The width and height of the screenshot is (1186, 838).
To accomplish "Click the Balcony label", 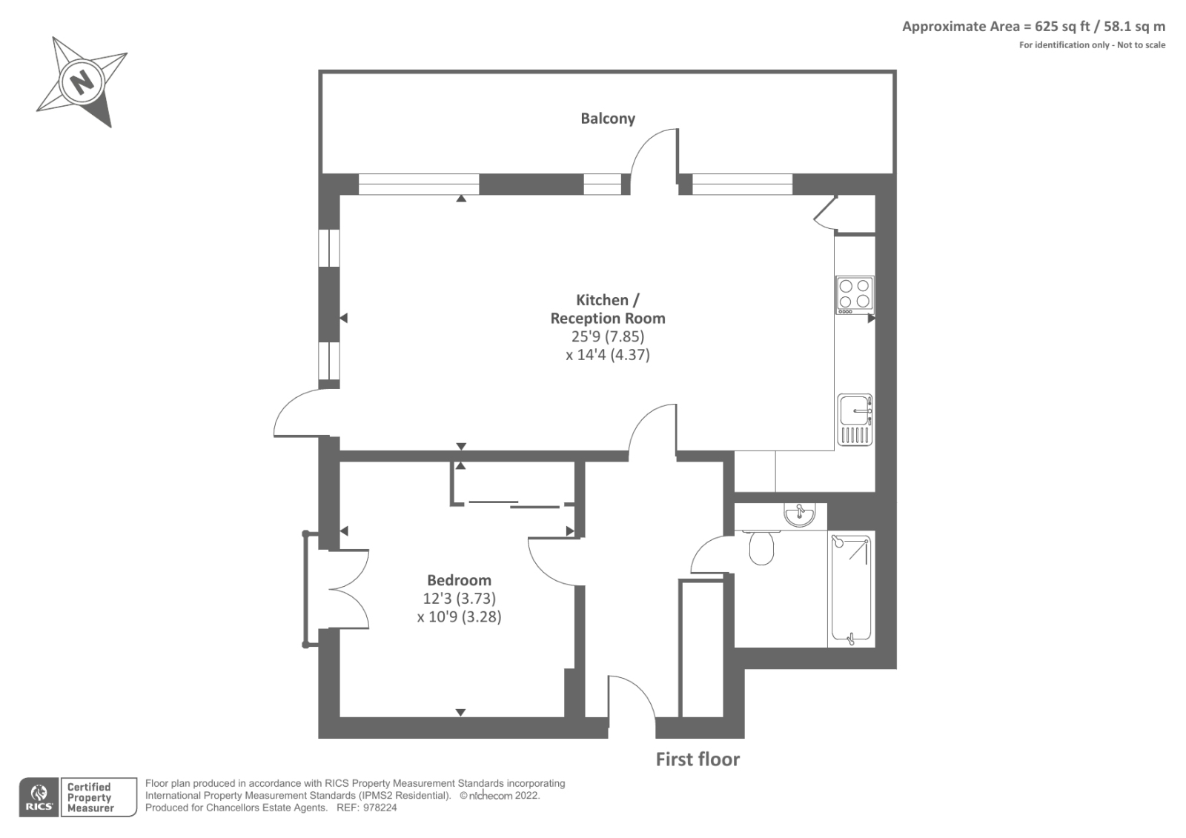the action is tap(607, 119).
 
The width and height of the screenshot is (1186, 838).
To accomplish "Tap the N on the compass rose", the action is tap(82, 79).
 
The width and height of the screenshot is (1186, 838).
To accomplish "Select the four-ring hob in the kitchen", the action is tap(854, 293).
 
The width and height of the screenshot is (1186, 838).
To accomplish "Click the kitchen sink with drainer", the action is tap(855, 419).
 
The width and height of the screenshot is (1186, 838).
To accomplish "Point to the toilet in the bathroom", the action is tap(761, 548).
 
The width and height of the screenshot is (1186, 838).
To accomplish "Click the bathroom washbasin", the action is tap(799, 514).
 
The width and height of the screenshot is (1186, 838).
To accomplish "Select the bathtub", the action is tap(851, 588).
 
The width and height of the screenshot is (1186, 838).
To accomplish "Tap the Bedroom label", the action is tap(459, 580).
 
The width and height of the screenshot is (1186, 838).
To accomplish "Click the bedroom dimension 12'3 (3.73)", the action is tap(459, 598).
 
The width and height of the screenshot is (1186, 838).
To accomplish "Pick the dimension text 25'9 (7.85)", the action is tap(607, 336).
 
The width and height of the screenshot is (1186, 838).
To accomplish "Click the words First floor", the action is tap(698, 759).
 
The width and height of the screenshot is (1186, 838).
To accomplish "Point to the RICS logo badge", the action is tap(39, 797).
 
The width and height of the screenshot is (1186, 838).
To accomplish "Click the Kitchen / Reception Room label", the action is tap(607, 309).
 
